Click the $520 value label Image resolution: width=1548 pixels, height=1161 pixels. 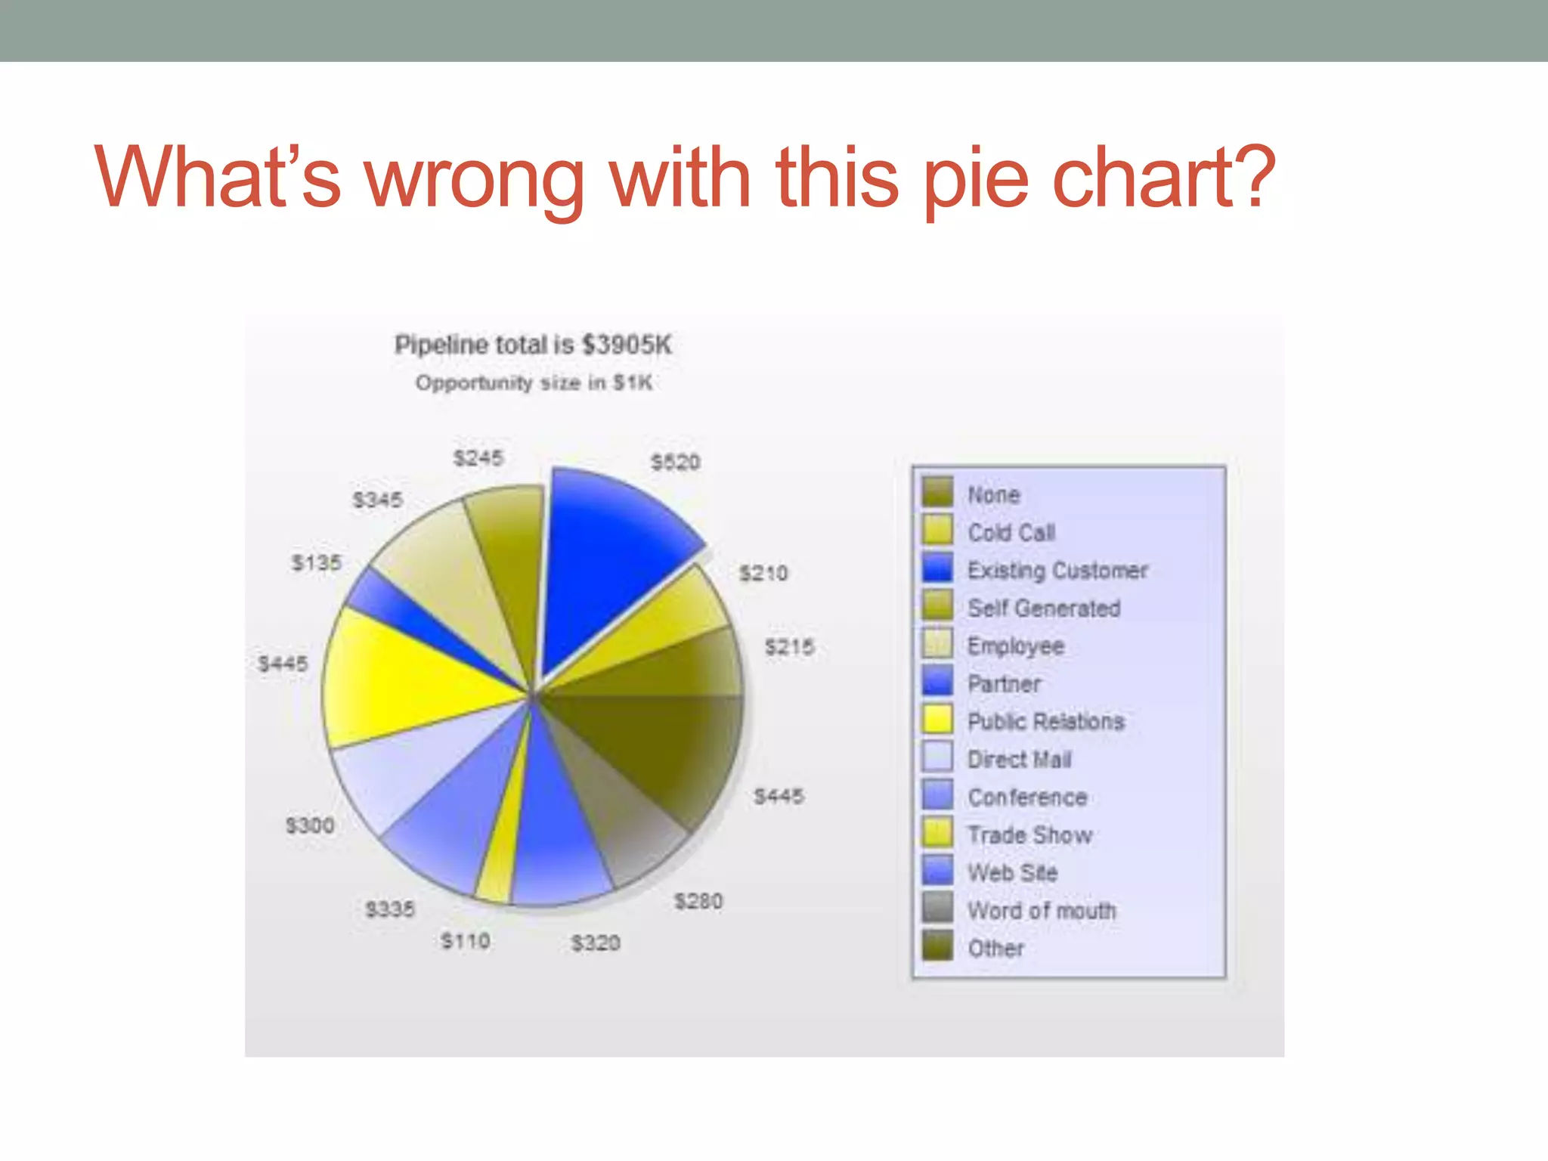pyautogui.click(x=676, y=462)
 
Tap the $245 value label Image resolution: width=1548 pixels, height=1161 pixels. pyautogui.click(x=478, y=457)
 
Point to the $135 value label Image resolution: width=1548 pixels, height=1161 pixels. pyautogui.click(x=317, y=562)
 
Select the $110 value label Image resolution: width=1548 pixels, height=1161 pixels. pyautogui.click(x=466, y=941)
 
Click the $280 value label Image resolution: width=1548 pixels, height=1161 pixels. pyautogui.click(x=698, y=901)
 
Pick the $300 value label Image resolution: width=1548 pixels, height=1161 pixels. pyautogui.click(x=310, y=825)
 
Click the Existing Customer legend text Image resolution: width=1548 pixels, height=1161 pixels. pyautogui.click(x=1057, y=570)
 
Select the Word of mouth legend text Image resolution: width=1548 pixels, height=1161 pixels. pyautogui.click(x=1042, y=911)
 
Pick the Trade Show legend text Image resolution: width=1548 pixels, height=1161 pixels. pyautogui.click(x=1030, y=835)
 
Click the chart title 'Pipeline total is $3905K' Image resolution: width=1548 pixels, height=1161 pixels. pyautogui.click(x=533, y=345)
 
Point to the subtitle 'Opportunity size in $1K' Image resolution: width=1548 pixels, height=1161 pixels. pyautogui.click(x=534, y=382)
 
